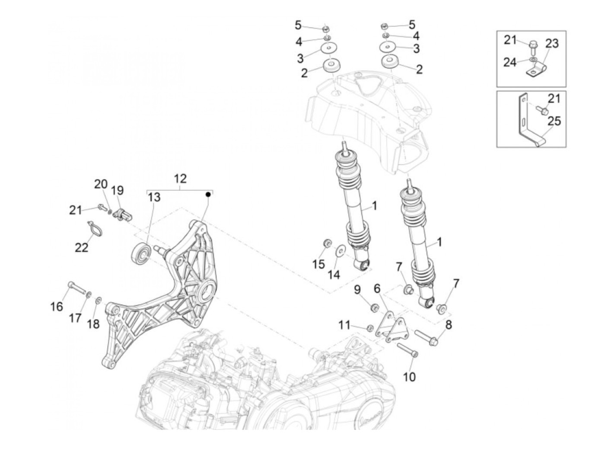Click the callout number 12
180,178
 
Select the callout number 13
154,197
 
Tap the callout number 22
81,247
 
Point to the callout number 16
57,307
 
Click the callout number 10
409,377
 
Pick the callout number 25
554,121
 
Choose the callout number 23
552,44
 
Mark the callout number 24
510,62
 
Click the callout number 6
377,288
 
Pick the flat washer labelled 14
340,249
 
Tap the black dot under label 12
208,195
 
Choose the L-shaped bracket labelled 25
527,125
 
